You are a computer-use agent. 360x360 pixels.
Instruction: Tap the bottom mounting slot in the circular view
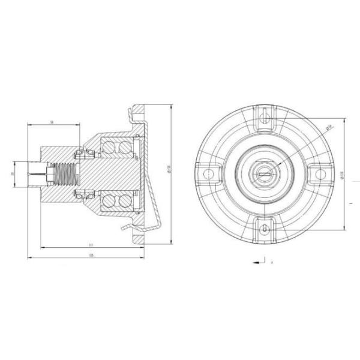coord(265,228)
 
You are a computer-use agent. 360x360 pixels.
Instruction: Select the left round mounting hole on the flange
coord(209,173)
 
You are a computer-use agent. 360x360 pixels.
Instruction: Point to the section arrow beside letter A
coord(258,262)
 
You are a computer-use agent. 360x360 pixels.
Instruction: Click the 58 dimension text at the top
coord(52,122)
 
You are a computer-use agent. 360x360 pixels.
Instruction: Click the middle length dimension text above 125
coord(91,245)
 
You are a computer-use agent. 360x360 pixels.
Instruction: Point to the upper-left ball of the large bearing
coord(109,146)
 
